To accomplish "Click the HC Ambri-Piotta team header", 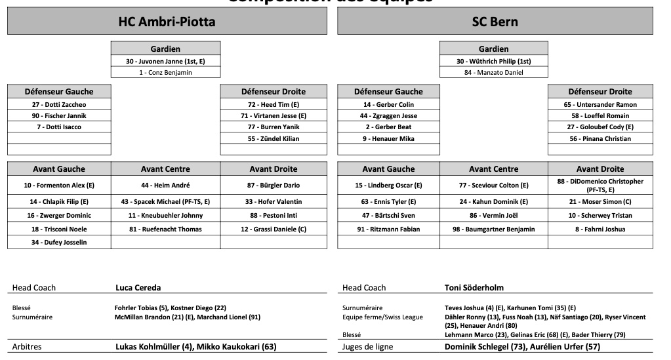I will [167, 22].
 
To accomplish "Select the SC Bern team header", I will [495, 22].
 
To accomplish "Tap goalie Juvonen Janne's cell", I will [165, 61].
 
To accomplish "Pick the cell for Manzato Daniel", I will [493, 72].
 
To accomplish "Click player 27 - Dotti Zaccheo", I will [59, 104].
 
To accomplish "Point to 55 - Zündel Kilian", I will [274, 138].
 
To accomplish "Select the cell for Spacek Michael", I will [165, 201].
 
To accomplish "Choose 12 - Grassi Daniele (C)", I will [274, 229].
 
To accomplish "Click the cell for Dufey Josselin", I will [59, 242].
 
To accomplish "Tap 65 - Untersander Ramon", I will [600, 104].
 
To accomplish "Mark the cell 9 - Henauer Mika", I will [389, 138].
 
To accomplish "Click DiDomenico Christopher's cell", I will [600, 185].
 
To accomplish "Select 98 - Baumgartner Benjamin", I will [493, 229].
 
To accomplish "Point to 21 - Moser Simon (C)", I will [600, 201].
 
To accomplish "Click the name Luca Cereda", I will [138, 287].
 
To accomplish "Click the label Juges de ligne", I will [368, 346].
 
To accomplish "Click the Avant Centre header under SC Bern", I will [493, 169].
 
